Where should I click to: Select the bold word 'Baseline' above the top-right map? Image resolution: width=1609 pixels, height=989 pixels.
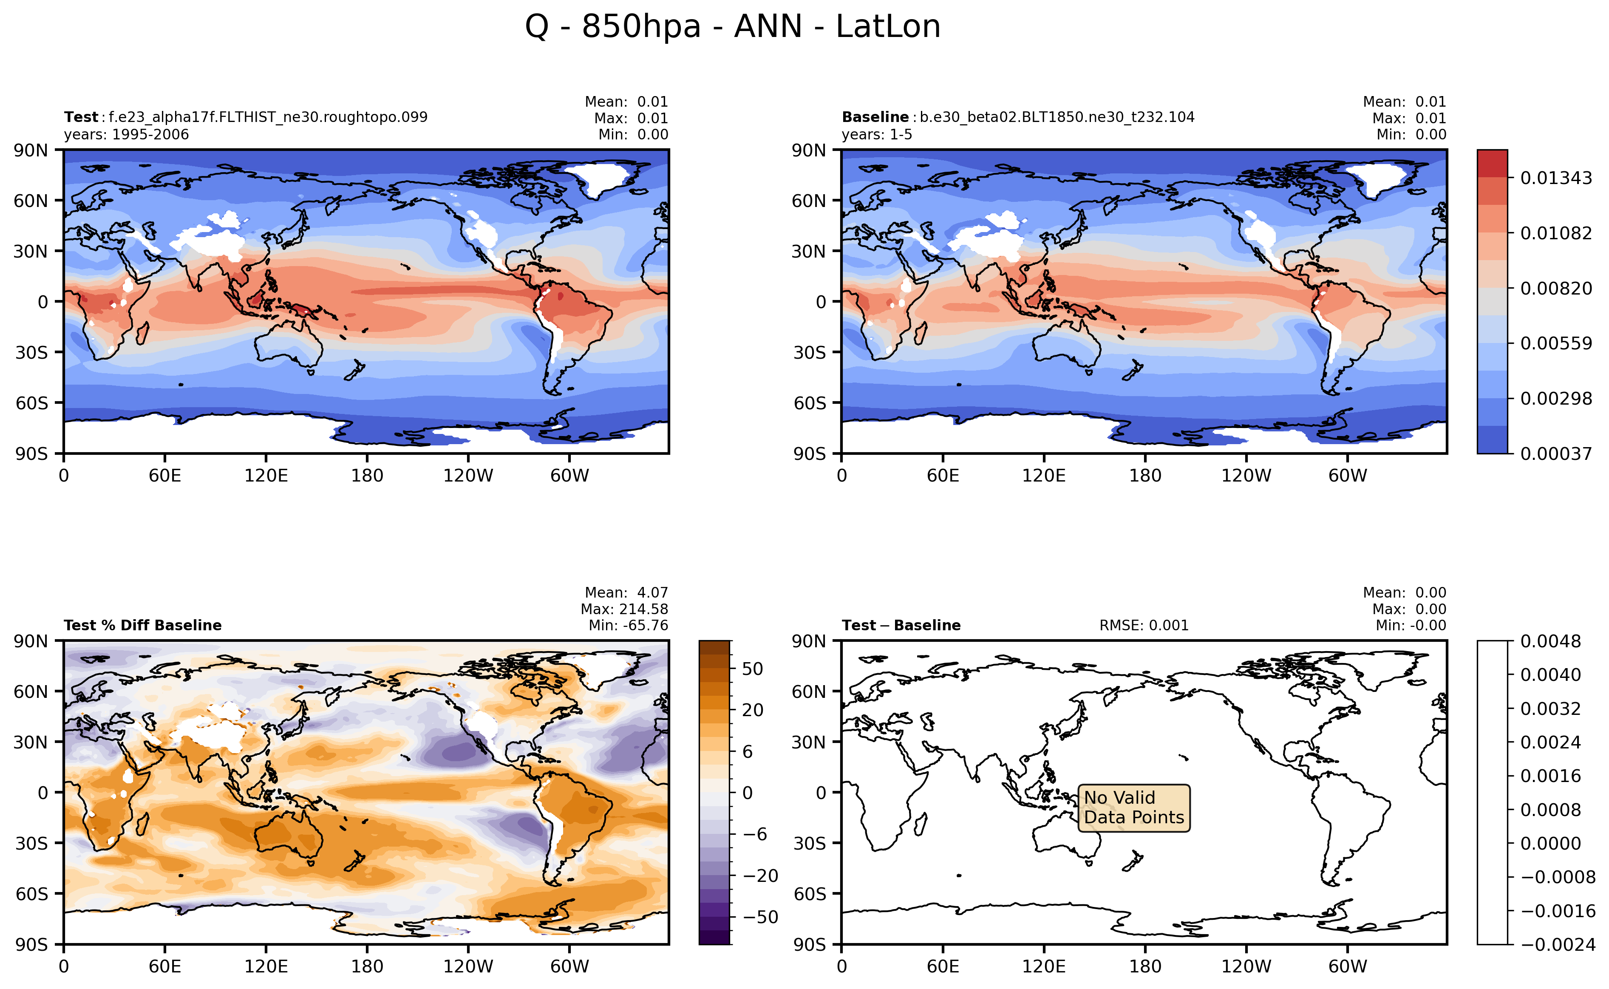coord(875,117)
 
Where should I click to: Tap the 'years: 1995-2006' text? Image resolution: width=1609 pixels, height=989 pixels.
coord(126,135)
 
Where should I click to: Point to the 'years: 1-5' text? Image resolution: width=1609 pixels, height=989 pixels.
coord(876,135)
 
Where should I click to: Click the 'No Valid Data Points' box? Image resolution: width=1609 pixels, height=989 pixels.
coord(1133,808)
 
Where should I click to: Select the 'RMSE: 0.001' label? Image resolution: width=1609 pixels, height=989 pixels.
coord(1143,625)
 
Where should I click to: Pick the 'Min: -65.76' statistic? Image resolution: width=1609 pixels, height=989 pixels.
coord(628,625)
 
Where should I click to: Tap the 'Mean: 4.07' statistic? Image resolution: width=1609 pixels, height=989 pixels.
coord(626,592)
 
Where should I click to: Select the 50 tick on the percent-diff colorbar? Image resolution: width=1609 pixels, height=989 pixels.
coord(752,669)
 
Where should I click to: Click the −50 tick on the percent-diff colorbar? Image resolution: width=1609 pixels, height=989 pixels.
coord(760,917)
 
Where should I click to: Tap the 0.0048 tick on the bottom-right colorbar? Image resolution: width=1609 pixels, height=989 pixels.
coord(1550,641)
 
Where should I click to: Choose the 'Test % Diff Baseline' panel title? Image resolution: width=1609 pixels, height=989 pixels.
coord(143,625)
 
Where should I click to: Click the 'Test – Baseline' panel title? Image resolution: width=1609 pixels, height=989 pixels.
coord(901,625)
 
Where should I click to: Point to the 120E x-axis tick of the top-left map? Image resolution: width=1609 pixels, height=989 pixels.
coord(266,476)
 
